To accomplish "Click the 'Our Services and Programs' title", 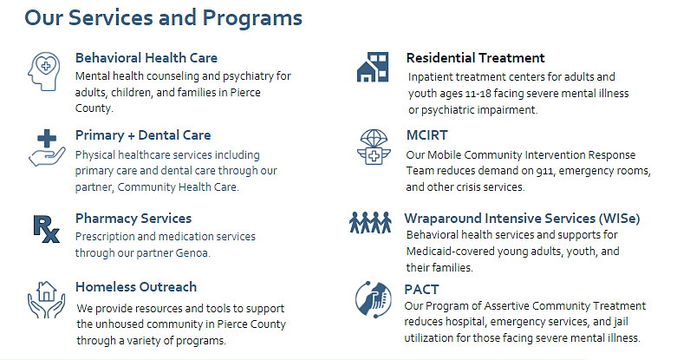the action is click(163, 18).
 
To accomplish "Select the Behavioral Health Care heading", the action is click(146, 58).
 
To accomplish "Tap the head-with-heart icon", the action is click(44, 71).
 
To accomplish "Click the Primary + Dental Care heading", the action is click(143, 135).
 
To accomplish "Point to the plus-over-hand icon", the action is click(47, 147).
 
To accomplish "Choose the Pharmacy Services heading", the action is click(133, 219).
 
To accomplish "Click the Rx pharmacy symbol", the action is click(46, 229).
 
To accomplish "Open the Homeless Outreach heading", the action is click(136, 287).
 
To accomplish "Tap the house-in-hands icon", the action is click(46, 299).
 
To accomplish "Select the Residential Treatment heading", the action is click(475, 58).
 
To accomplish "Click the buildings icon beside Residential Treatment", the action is click(373, 67).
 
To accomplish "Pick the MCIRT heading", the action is click(427, 135).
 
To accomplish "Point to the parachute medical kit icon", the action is click(374, 147).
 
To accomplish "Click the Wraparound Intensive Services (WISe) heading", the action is click(522, 219).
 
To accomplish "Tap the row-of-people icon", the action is click(370, 222).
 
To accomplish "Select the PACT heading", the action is click(421, 289).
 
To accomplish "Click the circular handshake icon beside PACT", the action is click(373, 299).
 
